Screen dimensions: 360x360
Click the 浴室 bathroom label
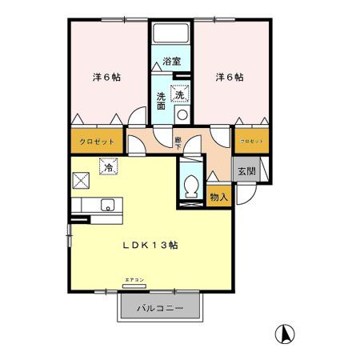170,61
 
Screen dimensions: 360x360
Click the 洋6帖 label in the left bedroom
106,77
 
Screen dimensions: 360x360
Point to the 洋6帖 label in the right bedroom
229,77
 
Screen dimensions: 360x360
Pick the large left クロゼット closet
97,141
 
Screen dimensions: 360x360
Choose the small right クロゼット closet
250,141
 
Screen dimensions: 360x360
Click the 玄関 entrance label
246,170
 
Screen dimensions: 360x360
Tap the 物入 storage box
218,197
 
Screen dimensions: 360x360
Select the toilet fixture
190,187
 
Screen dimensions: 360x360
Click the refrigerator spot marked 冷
107,168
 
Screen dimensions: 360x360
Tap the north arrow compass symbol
283,332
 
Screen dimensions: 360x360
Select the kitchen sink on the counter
106,206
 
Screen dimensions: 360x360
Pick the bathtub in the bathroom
170,34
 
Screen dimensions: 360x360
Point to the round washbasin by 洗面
182,115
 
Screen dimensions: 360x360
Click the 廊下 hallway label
178,142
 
